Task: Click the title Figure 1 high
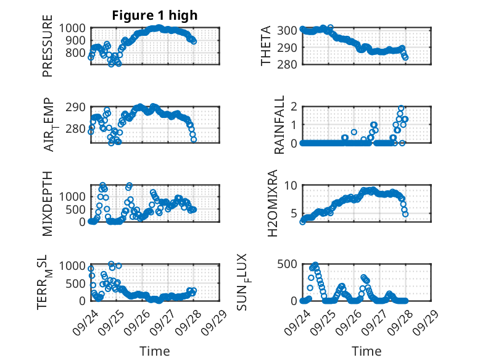tap(154, 16)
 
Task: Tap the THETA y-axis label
tap(266, 46)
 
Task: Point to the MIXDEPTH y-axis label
tap(48, 203)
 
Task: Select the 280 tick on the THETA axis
tap(290, 64)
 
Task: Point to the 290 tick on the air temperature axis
tap(78, 107)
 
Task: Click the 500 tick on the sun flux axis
tap(288, 265)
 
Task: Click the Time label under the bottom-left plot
tap(154, 351)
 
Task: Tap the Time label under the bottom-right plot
tap(366, 351)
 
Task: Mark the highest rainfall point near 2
tap(401, 108)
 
